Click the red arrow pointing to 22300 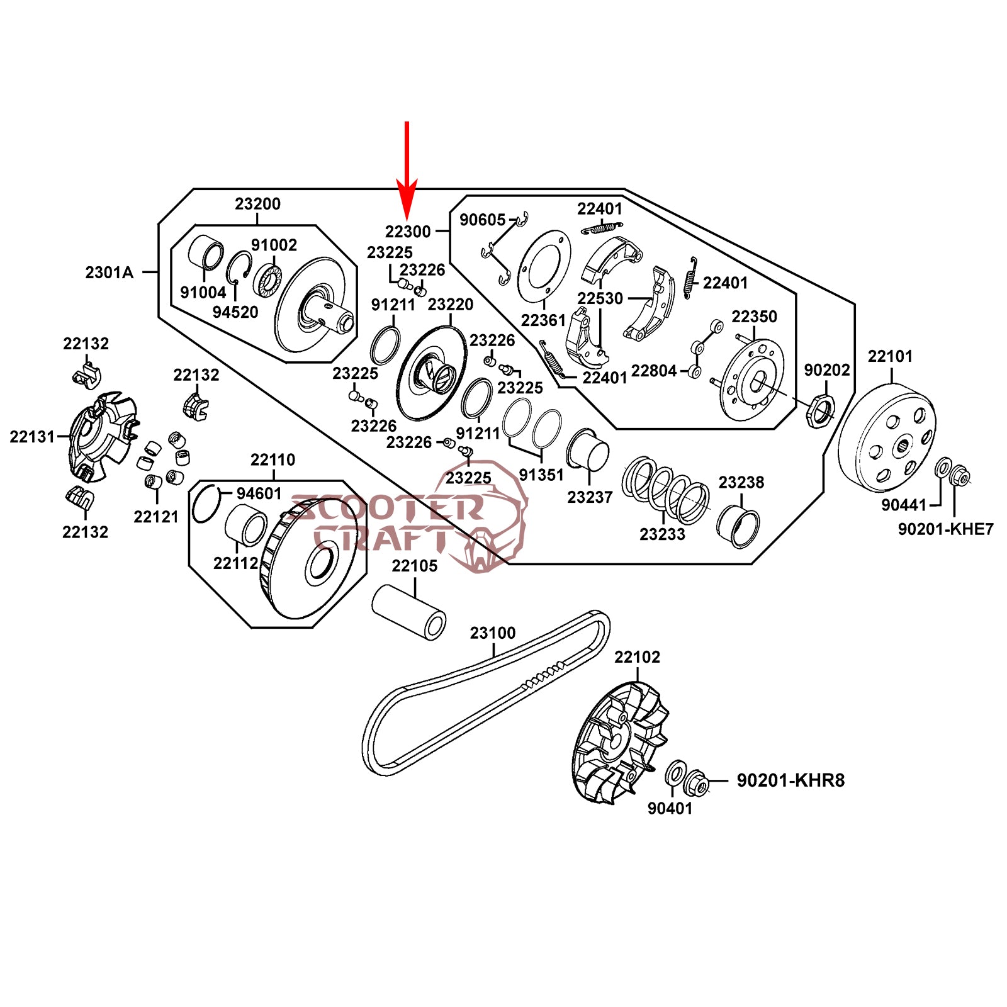407,170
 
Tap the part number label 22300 408,232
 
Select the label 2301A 110,273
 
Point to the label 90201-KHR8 790,780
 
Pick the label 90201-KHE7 945,529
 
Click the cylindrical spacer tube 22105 409,612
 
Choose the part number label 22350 754,317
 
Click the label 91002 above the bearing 274,245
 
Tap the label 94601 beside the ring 259,493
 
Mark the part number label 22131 32,436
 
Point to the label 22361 544,320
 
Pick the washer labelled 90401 676,773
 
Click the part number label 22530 600,298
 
